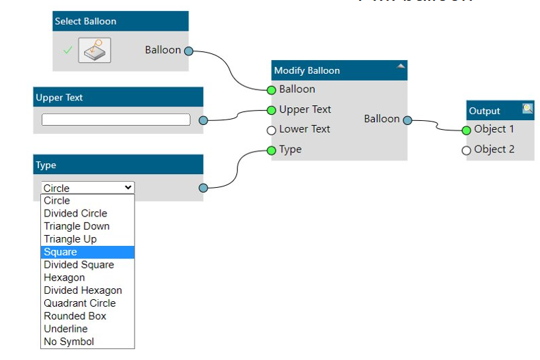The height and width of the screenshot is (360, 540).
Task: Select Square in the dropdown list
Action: pos(61,252)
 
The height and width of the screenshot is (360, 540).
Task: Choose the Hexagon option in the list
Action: pos(64,278)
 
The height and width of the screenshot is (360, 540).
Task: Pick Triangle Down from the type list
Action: pos(76,226)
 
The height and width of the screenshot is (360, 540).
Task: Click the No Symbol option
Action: pos(69,342)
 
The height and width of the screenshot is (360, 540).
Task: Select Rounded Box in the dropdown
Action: pos(75,316)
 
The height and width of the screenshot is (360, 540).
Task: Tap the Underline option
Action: pos(66,329)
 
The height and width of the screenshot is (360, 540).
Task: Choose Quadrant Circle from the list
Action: pos(80,303)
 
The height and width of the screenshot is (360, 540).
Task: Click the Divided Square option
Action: pos(79,265)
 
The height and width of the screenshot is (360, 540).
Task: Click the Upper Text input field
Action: pos(115,120)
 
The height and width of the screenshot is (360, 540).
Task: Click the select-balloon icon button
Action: pos(94,51)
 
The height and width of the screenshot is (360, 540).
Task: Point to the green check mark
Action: pos(68,51)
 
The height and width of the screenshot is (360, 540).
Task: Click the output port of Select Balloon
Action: pos(189,51)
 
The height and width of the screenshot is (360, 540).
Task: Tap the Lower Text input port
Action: pos(271,130)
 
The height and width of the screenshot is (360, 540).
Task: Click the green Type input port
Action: pos(271,150)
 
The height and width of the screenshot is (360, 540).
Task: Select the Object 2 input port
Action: pos(466,150)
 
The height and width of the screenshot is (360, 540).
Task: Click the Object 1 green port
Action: pos(466,130)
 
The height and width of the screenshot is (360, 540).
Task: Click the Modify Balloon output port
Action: pos(408,120)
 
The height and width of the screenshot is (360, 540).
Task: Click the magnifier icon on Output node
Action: pos(527,108)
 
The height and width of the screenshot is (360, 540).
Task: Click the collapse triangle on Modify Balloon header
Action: pos(401,66)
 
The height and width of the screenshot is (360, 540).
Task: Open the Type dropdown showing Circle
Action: pos(87,188)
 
